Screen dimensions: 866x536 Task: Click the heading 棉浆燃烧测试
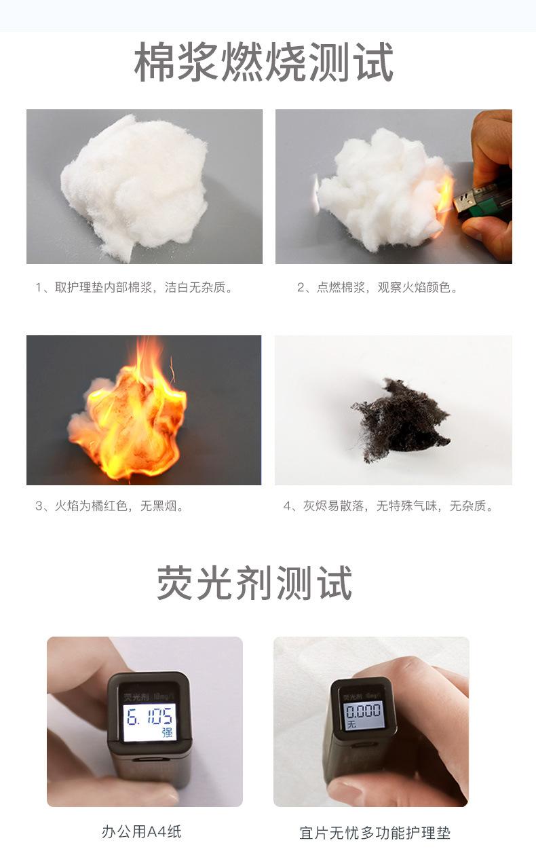[x=264, y=63]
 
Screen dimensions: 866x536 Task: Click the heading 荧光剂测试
[x=255, y=584]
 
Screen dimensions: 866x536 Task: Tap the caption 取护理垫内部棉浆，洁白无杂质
[x=134, y=288]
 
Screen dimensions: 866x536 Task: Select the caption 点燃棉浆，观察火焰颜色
[x=377, y=288]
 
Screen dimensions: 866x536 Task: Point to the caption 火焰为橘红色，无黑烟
[x=111, y=506]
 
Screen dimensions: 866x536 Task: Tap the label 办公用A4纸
[x=142, y=831]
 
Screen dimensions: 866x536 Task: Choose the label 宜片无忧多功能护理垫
[x=375, y=833]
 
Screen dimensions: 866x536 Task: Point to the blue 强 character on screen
[x=167, y=733]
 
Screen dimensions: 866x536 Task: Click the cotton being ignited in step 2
[x=380, y=187]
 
